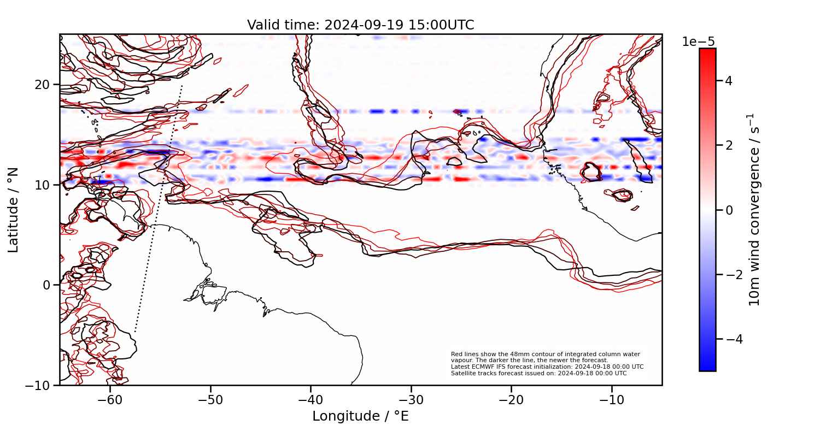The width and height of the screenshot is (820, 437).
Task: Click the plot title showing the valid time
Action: [360, 25]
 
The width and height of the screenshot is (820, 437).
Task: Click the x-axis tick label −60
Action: [110, 400]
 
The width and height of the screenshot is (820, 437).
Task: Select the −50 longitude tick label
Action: [210, 400]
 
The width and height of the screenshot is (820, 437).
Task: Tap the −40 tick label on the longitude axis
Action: [311, 400]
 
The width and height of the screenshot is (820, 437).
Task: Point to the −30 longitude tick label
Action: [411, 400]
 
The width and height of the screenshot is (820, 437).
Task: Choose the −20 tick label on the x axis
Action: [511, 400]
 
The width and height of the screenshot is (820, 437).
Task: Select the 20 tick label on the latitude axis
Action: [44, 85]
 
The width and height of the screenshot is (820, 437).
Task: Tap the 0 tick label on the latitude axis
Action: [48, 285]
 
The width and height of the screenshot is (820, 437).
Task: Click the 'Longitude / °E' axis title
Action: [360, 416]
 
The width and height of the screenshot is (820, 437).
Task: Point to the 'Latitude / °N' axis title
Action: [14, 210]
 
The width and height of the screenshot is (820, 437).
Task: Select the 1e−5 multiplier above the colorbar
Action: [698, 42]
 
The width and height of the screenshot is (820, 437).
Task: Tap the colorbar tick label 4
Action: [729, 81]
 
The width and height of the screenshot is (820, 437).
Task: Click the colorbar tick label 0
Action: [729, 210]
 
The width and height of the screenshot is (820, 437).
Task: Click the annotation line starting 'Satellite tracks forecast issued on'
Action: [538, 373]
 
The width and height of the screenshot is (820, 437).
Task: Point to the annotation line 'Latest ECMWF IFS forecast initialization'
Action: [547, 367]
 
